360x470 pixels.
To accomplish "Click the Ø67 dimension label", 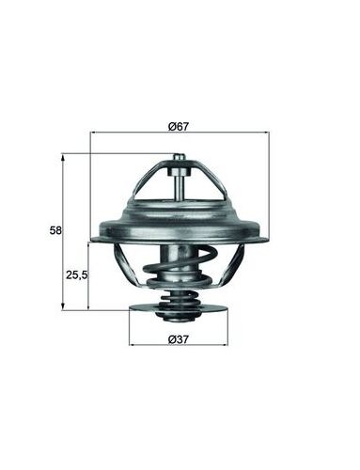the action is coord(179,127).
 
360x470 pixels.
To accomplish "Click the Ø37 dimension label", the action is coord(179,339).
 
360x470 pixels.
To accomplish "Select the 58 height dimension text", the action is coord(56,230).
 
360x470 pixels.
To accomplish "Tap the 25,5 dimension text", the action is coord(76,275).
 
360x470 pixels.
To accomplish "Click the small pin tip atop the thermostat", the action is coord(179,157).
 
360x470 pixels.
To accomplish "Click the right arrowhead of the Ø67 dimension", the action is coord(267,133).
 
